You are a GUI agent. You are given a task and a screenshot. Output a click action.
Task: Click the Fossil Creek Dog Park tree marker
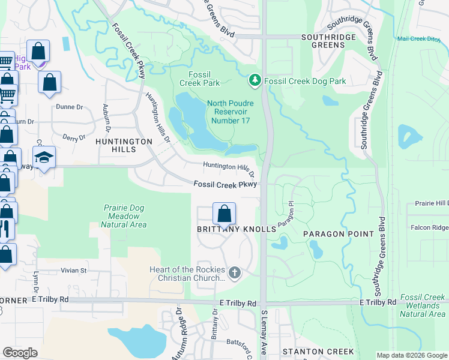pyautogui.click(x=255, y=80)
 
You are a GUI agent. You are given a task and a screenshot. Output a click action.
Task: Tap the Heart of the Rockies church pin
pyautogui.click(x=234, y=274)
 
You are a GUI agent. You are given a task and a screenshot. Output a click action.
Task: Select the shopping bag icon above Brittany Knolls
pyautogui.click(x=224, y=214)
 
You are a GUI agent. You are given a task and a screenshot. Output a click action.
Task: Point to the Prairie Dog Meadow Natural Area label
pyautogui.click(x=124, y=216)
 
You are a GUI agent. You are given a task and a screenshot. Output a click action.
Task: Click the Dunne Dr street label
pyautogui.click(x=69, y=107)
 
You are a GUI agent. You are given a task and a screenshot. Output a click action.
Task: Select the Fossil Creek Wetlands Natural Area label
pyautogui.click(x=423, y=305)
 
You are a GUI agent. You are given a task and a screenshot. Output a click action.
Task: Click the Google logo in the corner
pyautogui.click(x=20, y=353)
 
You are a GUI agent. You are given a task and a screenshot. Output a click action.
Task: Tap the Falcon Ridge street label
pyautogui.click(x=429, y=227)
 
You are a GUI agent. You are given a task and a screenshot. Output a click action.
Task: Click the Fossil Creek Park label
pyautogui.click(x=199, y=79)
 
